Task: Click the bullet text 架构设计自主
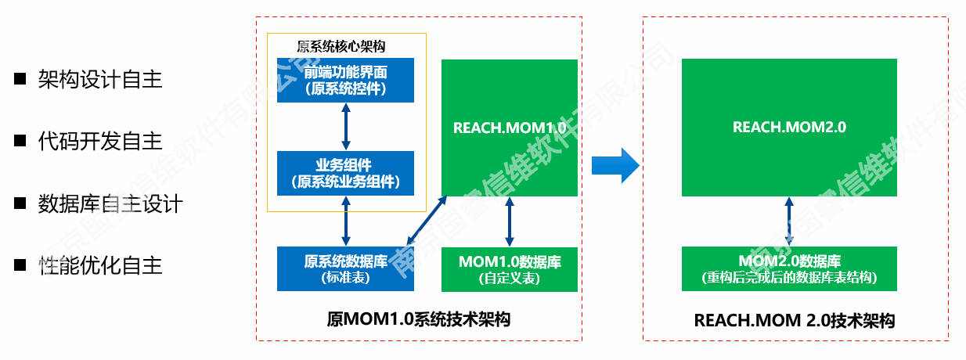(x=99, y=79)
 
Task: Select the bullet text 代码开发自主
(x=99, y=141)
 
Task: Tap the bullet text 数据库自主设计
(x=110, y=203)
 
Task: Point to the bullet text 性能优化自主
(x=99, y=265)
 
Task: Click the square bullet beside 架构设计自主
(x=20, y=79)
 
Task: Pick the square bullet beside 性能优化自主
(x=20, y=265)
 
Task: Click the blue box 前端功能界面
(x=345, y=80)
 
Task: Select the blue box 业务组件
(x=345, y=173)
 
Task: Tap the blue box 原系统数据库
(x=345, y=268)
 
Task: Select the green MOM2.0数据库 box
(x=789, y=268)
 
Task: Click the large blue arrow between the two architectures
(x=615, y=166)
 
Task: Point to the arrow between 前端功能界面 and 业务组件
(x=345, y=127)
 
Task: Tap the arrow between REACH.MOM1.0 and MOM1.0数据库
(x=510, y=221)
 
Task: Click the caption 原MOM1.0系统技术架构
(x=419, y=319)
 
